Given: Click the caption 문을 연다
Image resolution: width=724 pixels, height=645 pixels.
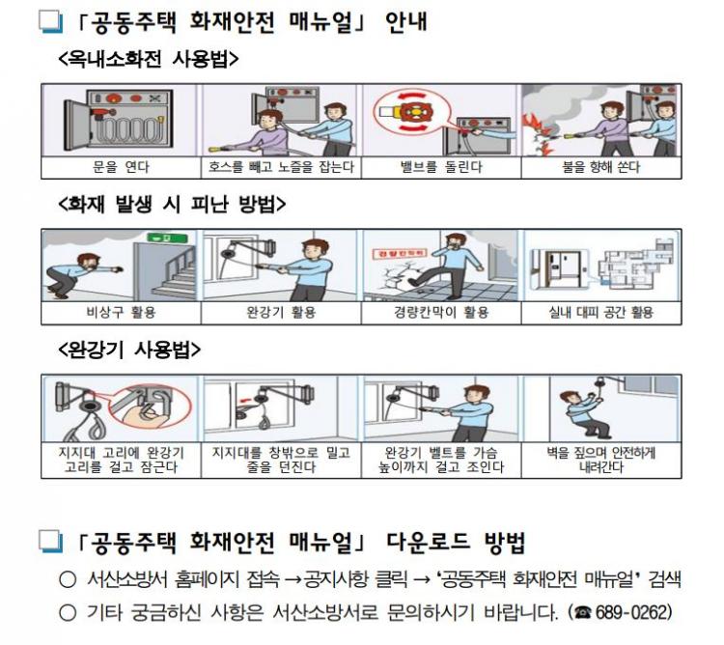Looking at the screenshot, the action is (x=121, y=167).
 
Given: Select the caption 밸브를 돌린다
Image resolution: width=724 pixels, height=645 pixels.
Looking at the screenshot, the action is (x=441, y=167).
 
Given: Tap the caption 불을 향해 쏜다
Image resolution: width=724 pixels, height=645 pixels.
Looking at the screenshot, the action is (x=600, y=167).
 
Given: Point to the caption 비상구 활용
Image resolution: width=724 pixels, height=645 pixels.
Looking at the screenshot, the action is (x=121, y=313).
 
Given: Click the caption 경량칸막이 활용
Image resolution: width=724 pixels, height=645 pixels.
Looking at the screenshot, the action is (x=441, y=313).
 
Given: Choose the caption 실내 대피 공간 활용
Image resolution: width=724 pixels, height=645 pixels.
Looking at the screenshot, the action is (x=600, y=313).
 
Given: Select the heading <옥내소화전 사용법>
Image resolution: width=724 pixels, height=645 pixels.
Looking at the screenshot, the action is (x=149, y=59).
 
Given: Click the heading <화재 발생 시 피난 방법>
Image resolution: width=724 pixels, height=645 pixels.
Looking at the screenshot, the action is (x=172, y=204).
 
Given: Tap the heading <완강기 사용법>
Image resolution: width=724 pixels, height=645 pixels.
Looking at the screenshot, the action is (x=129, y=350).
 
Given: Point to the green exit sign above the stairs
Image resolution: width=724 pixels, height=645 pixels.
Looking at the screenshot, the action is (x=167, y=238).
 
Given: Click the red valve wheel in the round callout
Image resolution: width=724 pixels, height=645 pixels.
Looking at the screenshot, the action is (x=412, y=112).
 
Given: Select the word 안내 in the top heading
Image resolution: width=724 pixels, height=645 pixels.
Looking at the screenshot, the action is (x=405, y=21).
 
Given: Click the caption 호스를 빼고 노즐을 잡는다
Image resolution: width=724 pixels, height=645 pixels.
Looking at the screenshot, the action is (x=281, y=167).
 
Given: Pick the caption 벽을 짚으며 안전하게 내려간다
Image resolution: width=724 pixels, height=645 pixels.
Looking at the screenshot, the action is (x=600, y=460).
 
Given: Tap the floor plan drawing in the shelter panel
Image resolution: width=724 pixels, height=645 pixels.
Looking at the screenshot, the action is (x=636, y=265).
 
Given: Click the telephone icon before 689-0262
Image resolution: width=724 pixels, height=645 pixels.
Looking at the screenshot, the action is (x=584, y=613).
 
